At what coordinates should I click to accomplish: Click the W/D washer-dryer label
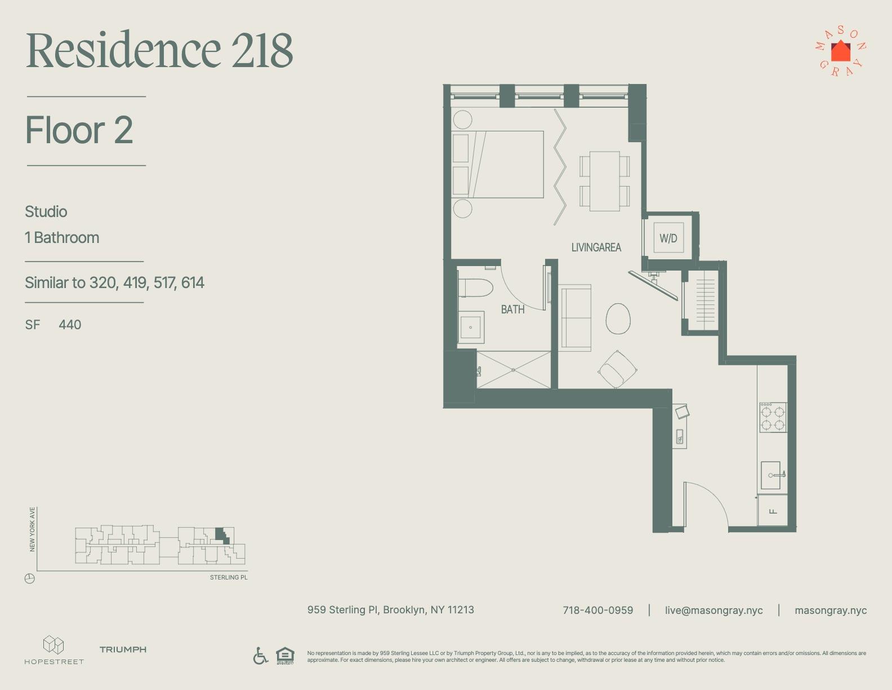point(668,238)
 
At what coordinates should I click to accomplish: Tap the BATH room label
point(512,309)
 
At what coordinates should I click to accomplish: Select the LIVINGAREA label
point(596,247)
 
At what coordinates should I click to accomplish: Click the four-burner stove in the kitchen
point(773,418)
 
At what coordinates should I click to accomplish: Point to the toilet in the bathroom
point(475,287)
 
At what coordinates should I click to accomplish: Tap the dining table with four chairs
point(605,182)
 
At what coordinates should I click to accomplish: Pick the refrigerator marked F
point(773,511)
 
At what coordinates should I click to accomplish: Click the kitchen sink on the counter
point(771,475)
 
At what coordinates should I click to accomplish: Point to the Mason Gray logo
point(840,52)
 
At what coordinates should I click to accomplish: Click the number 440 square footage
point(70,325)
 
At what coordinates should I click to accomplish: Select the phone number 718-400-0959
point(597,611)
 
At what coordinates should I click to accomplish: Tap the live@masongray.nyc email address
point(713,611)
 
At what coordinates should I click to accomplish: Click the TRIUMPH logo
point(123,649)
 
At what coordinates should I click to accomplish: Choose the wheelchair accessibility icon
point(260,656)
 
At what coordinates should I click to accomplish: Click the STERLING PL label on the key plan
point(229,578)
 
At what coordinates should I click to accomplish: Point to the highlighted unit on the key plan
point(222,534)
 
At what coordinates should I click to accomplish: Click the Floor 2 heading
point(79,130)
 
